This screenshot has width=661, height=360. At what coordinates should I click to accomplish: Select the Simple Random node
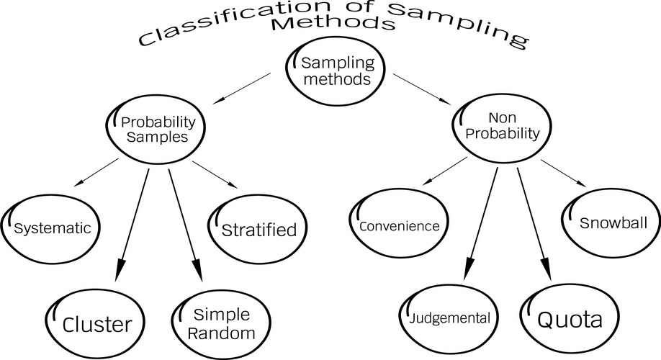222,323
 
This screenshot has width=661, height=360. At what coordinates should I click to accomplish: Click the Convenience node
398,225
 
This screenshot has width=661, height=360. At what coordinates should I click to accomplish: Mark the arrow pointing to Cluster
135,217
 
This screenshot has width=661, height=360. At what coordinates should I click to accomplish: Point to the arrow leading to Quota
532,216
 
